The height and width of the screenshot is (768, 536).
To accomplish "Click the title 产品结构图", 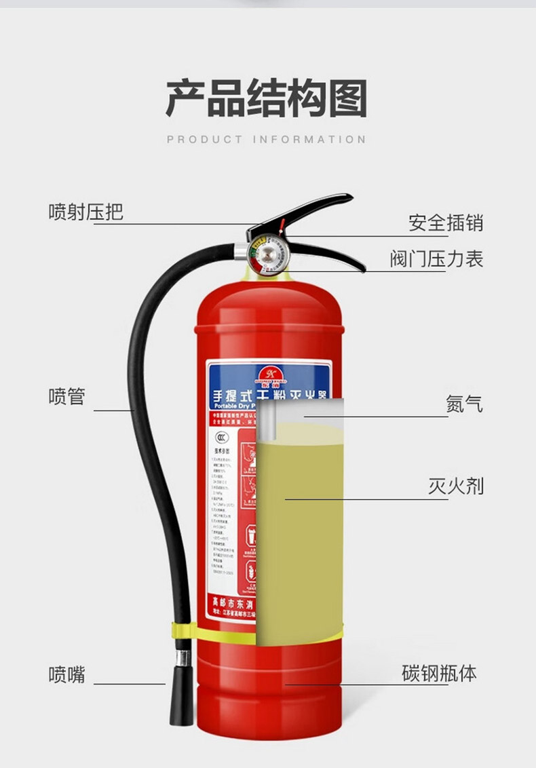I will tap(267, 99).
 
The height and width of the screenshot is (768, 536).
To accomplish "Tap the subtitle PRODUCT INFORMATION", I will tap(267, 140).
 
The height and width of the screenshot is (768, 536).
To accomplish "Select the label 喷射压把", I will tap(85, 212).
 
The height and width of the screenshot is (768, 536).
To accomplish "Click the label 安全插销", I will tap(446, 223).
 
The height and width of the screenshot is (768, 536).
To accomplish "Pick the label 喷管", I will tap(66, 396).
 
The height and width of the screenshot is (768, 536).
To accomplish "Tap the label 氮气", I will tap(464, 404).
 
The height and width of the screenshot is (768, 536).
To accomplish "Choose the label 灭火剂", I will tap(455, 486).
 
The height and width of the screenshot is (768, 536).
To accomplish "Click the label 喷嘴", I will tap(66, 674).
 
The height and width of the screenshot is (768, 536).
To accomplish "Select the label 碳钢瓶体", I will tap(439, 674).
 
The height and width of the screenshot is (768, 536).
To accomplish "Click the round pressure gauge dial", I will tap(265, 255).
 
